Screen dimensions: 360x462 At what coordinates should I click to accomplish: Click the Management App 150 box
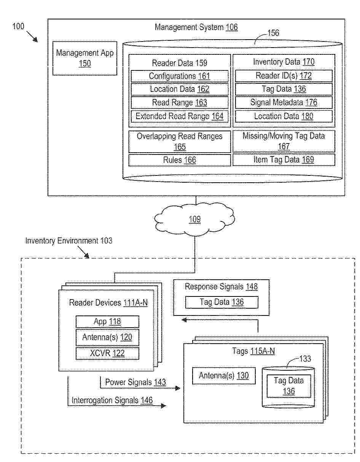[x=84, y=58]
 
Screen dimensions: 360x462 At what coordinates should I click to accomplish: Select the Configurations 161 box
[x=180, y=76]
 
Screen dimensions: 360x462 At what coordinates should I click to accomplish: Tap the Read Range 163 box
[x=180, y=103]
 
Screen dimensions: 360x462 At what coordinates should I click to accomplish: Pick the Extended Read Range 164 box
[x=180, y=116]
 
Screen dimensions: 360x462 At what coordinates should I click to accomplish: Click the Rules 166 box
[x=180, y=160]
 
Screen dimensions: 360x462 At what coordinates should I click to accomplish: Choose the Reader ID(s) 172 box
[x=284, y=76]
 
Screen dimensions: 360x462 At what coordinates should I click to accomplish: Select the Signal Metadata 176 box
[x=284, y=102]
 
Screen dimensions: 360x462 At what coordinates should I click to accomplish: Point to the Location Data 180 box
[x=284, y=116]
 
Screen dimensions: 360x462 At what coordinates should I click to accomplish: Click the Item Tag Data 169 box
[x=284, y=159]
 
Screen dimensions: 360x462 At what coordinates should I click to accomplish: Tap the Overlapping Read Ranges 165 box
[x=180, y=142]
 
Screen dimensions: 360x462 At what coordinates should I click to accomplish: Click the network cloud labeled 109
[x=194, y=219]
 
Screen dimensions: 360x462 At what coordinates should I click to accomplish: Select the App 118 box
[x=107, y=322]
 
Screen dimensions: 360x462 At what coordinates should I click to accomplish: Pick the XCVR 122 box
[x=107, y=353]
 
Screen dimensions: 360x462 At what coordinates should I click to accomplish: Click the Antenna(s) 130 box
[x=224, y=376]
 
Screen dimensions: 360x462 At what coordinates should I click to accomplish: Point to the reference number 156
[x=273, y=33]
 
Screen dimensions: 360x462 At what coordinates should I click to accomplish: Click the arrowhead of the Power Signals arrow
[x=177, y=388]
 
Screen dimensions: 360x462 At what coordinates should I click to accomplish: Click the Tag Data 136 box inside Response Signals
[x=221, y=302]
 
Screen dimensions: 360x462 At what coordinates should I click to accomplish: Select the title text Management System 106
[x=196, y=27]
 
